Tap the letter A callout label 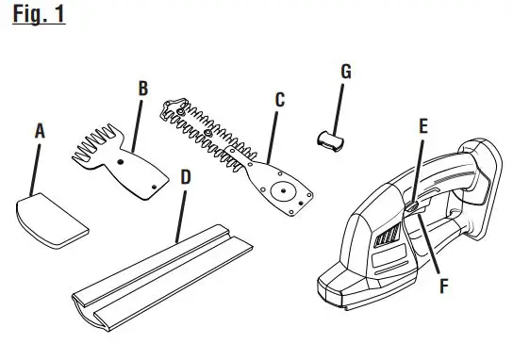tap(40, 133)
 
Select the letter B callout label tap(142, 89)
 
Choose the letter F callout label tap(443, 285)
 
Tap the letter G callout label tap(346, 72)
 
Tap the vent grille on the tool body tap(384, 246)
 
